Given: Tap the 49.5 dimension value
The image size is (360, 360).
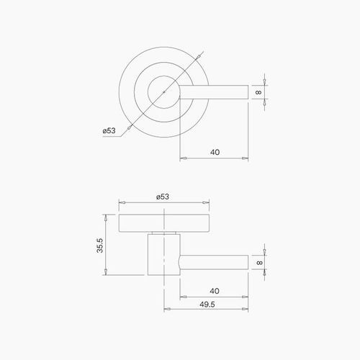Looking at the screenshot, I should click(210, 305).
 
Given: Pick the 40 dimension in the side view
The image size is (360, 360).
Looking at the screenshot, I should click(215, 291).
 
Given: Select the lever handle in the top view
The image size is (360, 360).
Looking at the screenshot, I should click(216, 91).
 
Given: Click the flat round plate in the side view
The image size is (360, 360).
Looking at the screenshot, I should click(165, 224).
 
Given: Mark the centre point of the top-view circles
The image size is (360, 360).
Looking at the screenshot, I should click(165, 91).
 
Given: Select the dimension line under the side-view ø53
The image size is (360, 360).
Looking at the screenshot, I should click(165, 203).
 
